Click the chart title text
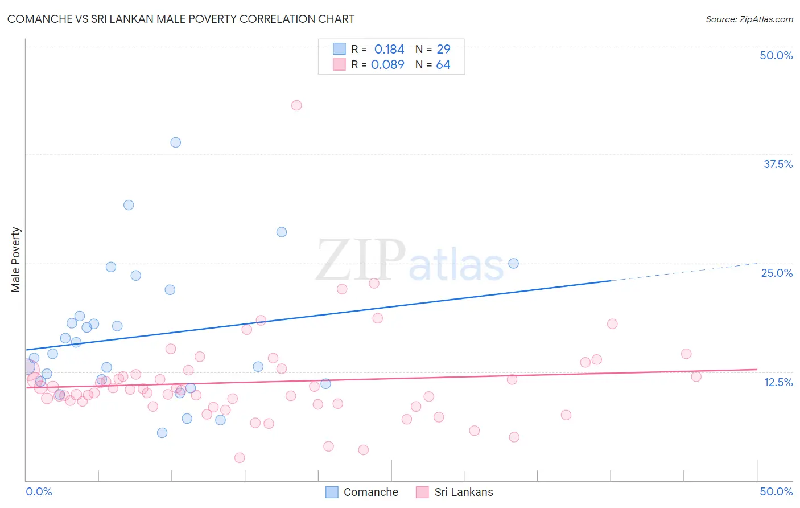click(181, 19)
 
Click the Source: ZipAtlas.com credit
click(749, 19)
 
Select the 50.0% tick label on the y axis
click(776, 55)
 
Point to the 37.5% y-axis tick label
click(778, 164)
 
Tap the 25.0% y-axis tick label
click(777, 273)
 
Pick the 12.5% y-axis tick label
click(778, 382)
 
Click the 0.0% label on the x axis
click(39, 491)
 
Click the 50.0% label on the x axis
click(776, 491)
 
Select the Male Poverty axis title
click(16, 260)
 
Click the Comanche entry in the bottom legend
click(370, 492)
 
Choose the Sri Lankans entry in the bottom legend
click(463, 492)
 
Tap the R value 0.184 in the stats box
click(389, 50)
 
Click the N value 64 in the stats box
click(443, 65)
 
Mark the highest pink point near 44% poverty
click(296, 105)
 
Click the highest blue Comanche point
click(176, 142)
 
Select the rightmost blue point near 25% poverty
click(513, 263)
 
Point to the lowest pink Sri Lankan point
click(240, 458)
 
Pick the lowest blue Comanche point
click(162, 433)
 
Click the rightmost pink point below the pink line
click(696, 376)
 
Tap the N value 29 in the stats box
click(443, 50)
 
